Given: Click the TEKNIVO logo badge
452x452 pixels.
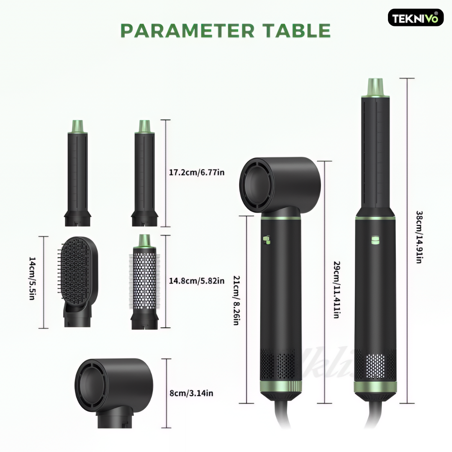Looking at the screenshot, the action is pos(416,18).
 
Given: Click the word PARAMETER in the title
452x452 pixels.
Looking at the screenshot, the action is pos(187,31).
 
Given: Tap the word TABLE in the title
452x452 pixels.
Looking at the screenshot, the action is pos(298,31).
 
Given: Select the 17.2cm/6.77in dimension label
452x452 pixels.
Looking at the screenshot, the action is pos(197,172).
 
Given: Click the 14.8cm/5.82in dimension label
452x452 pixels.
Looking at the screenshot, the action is pos(197,281).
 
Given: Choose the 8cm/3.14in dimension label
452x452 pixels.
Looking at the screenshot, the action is pos(191,393).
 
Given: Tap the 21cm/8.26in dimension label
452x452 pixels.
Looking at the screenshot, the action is pos(236,300).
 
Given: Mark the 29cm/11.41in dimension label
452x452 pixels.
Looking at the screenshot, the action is pos(336,290).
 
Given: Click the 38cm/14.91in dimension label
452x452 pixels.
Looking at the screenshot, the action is pos(419,237).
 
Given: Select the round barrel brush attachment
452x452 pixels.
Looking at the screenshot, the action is pos(144,282).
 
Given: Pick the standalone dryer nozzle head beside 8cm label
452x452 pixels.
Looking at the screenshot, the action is pos(114,393).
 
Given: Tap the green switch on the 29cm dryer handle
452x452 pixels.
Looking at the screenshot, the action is pos(267,240).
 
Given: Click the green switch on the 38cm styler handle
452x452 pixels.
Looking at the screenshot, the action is pos(375,239).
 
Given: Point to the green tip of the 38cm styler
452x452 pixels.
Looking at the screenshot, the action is pos(375,87).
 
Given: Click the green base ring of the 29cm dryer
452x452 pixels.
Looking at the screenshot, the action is pos(281,386).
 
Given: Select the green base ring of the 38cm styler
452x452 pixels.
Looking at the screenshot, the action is pos(375,387).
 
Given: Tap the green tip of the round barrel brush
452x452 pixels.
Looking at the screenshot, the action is pos(145,241).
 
